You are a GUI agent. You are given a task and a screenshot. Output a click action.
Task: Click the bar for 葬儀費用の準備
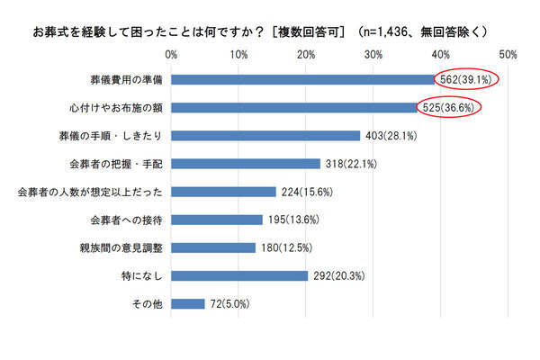(x=301, y=80)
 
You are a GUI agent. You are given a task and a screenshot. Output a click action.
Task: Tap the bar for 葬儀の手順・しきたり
(x=265, y=136)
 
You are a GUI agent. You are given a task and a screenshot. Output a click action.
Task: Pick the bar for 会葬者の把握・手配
(x=246, y=164)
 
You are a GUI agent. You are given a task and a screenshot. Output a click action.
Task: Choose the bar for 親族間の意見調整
(x=212, y=247)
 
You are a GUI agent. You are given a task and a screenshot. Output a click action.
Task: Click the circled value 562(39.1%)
(x=468, y=80)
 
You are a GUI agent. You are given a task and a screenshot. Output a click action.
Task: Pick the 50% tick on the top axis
(x=508, y=56)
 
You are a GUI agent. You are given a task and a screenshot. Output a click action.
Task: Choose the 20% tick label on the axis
(x=306, y=56)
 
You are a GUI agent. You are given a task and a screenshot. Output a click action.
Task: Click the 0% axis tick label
(x=171, y=56)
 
